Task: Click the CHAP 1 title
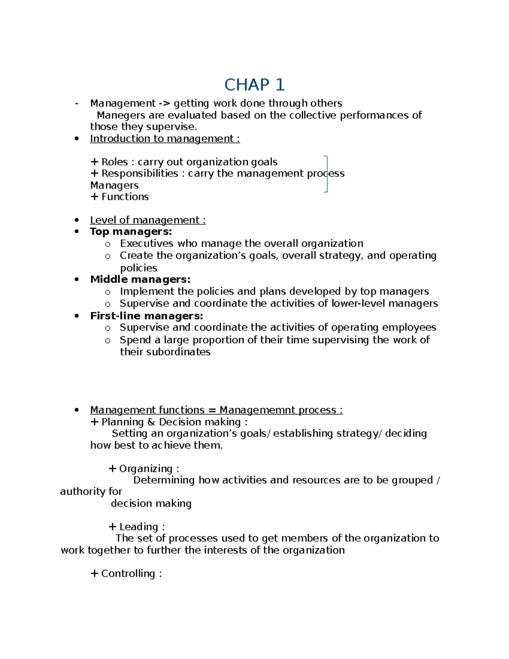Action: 254,85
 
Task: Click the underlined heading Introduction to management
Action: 165,139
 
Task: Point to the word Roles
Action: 115,162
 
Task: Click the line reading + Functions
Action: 120,197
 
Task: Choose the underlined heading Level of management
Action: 148,220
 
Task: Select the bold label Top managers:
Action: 131,232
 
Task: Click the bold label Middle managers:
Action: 140,279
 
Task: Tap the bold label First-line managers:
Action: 146,316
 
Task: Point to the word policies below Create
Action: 138,268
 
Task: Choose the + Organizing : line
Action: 144,469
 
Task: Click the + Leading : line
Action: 137,527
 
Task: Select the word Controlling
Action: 128,574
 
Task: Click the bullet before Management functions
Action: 76,410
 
